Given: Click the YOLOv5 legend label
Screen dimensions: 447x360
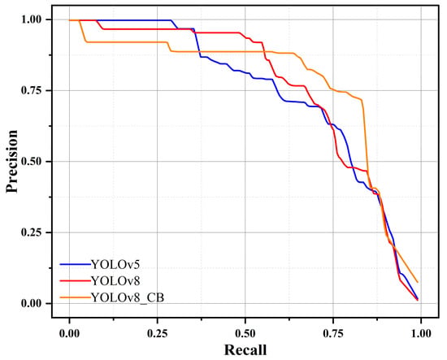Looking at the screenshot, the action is [115, 265].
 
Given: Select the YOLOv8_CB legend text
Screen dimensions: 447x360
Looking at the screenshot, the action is [128, 298].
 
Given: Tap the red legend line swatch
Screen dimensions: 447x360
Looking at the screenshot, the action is [76, 281].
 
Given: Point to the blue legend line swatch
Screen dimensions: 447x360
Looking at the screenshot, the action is [76, 264].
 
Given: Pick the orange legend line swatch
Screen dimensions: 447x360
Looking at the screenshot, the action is [76, 298].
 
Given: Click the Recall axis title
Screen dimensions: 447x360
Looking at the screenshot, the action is [245, 349].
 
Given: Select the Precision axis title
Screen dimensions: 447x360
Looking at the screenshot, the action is [12, 162].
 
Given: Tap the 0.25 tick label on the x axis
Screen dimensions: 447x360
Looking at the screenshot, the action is [157, 333].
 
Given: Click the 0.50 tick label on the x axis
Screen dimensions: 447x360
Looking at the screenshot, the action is [245, 333].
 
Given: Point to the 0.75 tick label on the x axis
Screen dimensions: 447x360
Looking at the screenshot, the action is [333, 333].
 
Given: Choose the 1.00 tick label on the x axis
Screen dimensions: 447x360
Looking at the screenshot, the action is [421, 333].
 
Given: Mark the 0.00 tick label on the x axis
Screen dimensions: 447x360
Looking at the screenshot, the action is [69, 333].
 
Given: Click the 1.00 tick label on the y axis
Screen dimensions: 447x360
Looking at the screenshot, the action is [32, 20].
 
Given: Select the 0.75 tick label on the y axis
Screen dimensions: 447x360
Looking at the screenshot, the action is [32, 90].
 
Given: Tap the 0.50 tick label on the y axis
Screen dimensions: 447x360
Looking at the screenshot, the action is [32, 162].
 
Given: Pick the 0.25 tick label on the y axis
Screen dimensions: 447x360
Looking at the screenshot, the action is [32, 232].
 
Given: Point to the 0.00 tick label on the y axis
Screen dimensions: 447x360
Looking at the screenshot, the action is [32, 303].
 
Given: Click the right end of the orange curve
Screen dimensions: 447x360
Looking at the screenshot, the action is [418, 282].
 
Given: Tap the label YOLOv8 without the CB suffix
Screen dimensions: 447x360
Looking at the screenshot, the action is [115, 281].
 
